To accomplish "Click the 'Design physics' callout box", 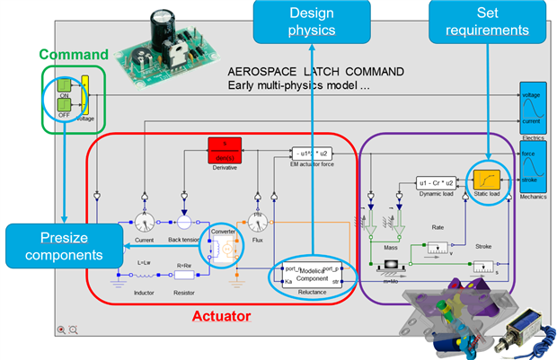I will click(311, 22).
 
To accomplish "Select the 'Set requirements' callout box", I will click(487, 22).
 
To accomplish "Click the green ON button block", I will click(64, 89).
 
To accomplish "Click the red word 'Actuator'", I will click(222, 316).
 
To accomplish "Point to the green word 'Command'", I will click(73, 54).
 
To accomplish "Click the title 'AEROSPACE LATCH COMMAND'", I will click(315, 70).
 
